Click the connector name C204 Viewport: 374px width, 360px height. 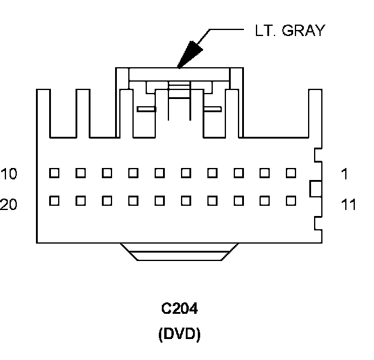180,309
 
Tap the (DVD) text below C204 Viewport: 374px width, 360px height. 180,334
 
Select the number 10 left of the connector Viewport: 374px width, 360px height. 9,174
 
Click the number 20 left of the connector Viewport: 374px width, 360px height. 9,205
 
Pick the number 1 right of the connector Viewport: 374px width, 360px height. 345,174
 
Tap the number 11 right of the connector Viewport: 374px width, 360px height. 348,205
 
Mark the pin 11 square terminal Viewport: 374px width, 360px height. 291,200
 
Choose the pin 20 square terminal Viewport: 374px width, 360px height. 55,200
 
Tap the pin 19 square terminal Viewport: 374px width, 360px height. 81,200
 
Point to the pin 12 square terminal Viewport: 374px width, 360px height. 265,200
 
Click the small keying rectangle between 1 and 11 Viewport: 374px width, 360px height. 315,188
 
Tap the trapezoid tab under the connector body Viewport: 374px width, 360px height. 180,252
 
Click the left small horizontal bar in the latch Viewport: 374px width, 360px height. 146,109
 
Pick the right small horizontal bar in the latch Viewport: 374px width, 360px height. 213,109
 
